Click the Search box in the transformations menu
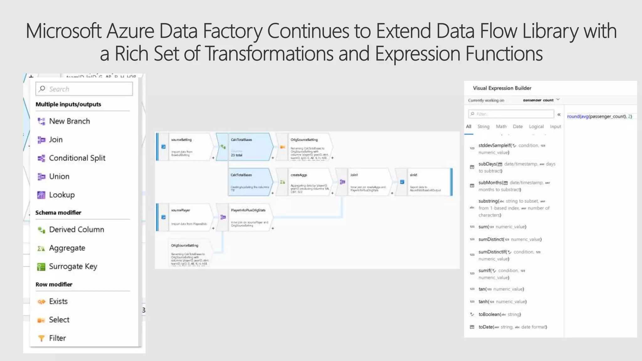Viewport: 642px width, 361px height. click(84, 89)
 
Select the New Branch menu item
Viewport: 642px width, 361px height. click(69, 121)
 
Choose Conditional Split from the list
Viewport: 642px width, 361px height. click(77, 158)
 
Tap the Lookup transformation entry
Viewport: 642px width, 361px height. click(62, 195)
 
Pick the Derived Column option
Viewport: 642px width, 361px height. click(76, 230)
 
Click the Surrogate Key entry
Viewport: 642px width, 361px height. click(73, 266)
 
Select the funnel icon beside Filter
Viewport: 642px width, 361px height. click(41, 338)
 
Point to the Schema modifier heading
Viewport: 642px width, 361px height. click(58, 212)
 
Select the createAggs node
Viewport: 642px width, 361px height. click(309, 182)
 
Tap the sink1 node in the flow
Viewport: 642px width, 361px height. click(428, 182)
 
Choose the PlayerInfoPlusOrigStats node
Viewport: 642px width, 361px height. click(250, 217)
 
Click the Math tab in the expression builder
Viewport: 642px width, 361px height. click(501, 127)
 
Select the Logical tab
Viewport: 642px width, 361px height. click(536, 127)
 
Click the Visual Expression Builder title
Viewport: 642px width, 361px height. click(502, 88)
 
